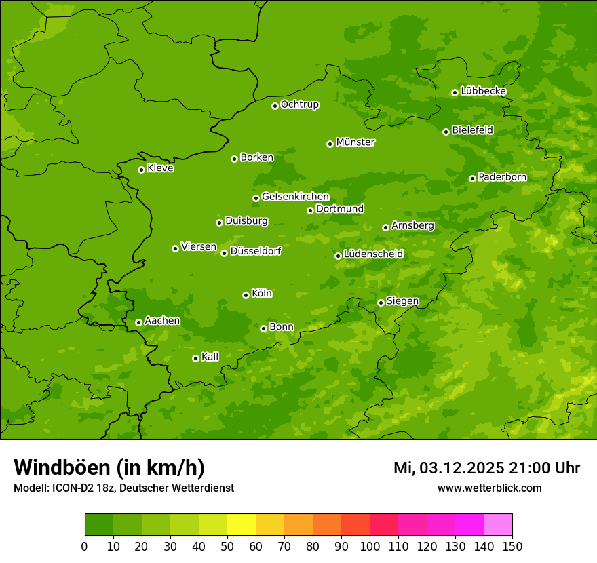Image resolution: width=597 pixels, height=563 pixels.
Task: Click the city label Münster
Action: point(355,142)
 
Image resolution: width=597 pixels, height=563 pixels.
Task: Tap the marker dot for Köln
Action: point(246,295)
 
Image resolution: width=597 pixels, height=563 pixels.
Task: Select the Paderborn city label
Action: point(502,177)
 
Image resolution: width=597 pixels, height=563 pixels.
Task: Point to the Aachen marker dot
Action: point(138,322)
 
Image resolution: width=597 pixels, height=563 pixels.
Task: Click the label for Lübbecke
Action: point(483,91)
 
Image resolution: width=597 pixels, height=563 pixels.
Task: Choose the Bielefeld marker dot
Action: point(446,132)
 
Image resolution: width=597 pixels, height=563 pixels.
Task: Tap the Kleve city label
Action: point(160,168)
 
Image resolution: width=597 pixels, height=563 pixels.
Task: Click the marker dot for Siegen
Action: point(381,303)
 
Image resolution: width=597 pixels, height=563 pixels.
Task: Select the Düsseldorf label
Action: point(256,251)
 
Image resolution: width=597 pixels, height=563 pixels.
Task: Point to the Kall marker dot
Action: point(195,358)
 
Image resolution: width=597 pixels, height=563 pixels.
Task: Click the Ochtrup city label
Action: point(300,104)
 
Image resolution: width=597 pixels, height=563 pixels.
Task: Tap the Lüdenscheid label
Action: point(373,254)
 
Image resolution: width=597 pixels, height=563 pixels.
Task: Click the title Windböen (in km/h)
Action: point(109,467)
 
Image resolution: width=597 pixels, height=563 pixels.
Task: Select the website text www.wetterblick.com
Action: point(489,488)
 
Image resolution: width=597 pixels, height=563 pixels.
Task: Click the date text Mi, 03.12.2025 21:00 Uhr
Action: point(486,468)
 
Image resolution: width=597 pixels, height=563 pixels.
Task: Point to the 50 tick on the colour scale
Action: point(227,547)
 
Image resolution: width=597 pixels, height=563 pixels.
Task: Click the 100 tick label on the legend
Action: point(370,547)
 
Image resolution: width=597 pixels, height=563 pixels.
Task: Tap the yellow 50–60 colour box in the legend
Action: point(242,525)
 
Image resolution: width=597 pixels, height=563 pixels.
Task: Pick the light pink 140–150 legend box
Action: point(498,525)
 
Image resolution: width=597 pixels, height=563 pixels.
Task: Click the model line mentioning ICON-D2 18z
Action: point(123,488)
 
